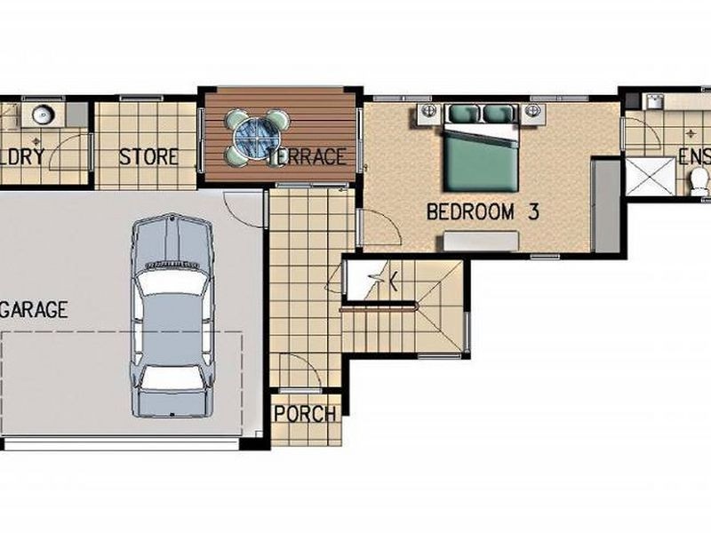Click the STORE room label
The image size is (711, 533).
tap(148, 157)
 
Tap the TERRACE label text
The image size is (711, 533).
tap(306, 157)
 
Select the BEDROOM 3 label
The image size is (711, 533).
tap(483, 212)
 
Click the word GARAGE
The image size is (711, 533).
tap(36, 310)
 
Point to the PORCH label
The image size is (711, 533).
tap(305, 414)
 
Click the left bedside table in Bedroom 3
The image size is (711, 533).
tap(427, 112)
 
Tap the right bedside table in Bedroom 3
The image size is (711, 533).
tap(533, 112)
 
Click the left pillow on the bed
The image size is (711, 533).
tap(464, 114)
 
